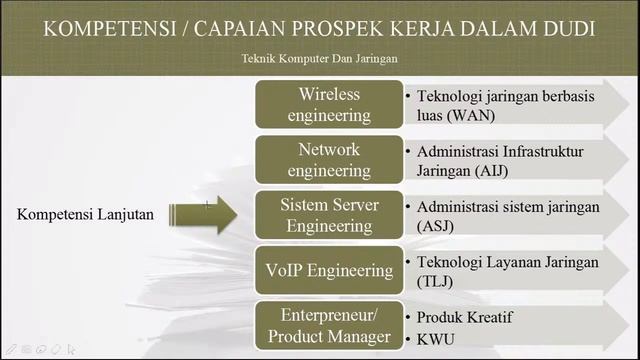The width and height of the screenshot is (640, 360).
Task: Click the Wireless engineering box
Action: pos(329,104)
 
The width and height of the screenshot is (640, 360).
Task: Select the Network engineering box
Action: pos(329,159)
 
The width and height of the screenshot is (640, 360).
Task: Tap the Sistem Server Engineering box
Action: pos(329,215)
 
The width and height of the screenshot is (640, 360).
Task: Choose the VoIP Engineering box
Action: pos(329,270)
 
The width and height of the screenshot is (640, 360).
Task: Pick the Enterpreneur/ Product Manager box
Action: pos(329,325)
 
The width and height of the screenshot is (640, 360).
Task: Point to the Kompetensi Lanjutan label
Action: pos(86,214)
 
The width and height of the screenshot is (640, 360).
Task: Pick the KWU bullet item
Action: pos(436,338)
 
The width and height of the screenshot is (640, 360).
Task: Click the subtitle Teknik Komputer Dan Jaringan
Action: pos(320,58)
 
